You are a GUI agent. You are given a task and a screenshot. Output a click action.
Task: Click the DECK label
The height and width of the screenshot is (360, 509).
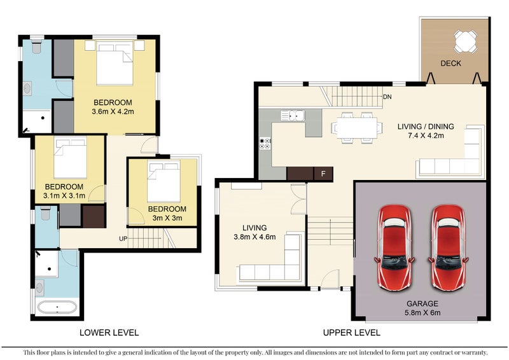click(450, 64)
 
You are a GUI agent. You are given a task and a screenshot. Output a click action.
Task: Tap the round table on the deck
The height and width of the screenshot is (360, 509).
click(466, 41)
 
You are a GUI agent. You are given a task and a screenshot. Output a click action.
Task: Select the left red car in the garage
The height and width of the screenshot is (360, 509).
click(394, 247)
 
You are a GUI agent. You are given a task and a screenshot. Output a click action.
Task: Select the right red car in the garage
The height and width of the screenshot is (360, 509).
click(449, 247)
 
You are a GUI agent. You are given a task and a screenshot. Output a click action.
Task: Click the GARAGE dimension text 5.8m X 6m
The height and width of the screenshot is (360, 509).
click(422, 313)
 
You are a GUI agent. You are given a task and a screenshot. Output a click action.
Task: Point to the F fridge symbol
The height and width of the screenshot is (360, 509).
click(323, 174)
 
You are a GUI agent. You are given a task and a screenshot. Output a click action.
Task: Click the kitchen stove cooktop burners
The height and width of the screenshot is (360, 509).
click(265, 144)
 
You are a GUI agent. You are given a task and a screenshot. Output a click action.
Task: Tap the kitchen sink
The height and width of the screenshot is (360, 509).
click(293, 116)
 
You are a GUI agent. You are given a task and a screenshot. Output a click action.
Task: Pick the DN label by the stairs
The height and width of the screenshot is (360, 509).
click(387, 97)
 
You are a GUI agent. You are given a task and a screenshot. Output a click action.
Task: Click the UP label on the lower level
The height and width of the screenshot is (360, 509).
click(123, 239)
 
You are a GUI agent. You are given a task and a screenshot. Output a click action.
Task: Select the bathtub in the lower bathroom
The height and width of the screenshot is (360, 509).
click(57, 307)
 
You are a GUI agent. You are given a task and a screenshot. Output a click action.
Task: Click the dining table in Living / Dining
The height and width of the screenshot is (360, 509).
click(357, 128)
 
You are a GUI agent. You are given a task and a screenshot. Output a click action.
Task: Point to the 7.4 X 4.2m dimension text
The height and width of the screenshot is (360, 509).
click(426, 135)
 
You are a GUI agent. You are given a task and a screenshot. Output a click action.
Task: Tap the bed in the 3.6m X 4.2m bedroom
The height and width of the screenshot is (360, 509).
click(115, 63)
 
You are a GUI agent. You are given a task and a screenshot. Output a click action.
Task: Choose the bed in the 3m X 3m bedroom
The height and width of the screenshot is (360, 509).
click(164, 182)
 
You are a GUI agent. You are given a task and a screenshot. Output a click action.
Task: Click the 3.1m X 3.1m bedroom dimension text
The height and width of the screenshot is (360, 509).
click(64, 196)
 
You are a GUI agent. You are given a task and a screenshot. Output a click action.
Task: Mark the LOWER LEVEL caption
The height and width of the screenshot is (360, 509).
click(109, 333)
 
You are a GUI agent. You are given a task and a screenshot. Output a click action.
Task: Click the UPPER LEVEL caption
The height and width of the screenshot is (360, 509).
click(352, 333)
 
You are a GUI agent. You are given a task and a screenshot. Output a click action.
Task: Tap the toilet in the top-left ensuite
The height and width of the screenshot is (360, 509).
click(37, 46)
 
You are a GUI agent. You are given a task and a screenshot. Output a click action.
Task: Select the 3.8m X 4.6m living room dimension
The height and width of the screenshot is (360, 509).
click(254, 237)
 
